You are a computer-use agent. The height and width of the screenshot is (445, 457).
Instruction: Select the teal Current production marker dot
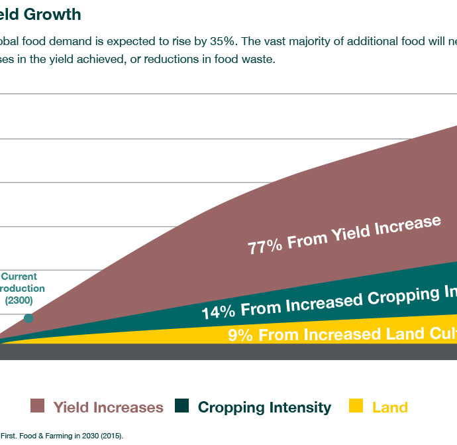[x=28, y=318]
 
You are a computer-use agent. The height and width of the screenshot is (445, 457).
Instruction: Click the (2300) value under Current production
[x=19, y=300]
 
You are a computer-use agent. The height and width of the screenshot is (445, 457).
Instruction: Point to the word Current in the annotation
[x=20, y=277]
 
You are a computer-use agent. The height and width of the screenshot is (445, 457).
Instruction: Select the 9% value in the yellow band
[x=240, y=335]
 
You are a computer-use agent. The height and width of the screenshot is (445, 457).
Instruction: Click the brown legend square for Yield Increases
[x=38, y=406]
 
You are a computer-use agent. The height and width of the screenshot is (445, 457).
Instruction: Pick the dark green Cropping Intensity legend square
[x=182, y=406]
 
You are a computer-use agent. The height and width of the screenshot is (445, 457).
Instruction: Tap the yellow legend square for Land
[x=356, y=406]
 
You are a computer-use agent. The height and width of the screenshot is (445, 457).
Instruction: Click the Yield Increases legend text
[x=108, y=407]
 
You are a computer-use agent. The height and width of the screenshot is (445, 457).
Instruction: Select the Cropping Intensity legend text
[x=264, y=407]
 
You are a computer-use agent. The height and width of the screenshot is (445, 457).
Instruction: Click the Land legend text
[x=389, y=407]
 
